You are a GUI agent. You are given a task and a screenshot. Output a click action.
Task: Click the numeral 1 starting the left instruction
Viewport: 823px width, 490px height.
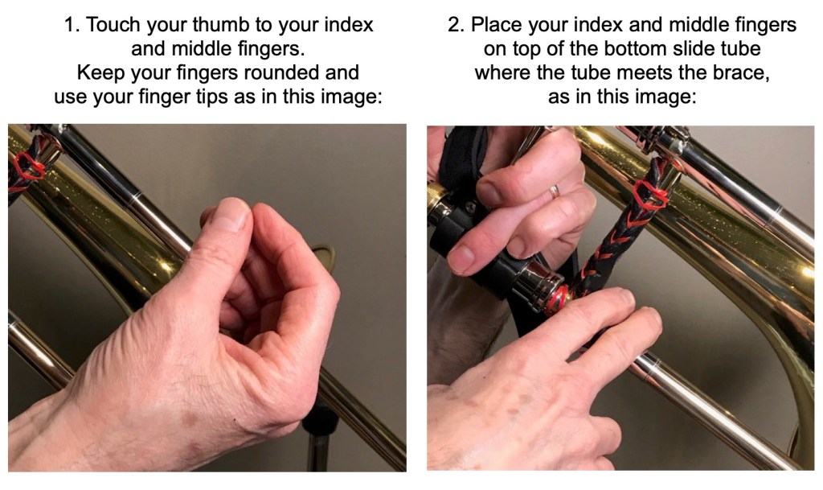point(69,25)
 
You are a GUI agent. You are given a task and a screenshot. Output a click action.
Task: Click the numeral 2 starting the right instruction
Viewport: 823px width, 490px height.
point(453,25)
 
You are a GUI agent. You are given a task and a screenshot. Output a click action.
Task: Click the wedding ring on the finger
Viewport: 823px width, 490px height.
point(555,191)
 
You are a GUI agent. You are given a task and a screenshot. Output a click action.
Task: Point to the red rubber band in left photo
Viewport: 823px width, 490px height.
point(30,167)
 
